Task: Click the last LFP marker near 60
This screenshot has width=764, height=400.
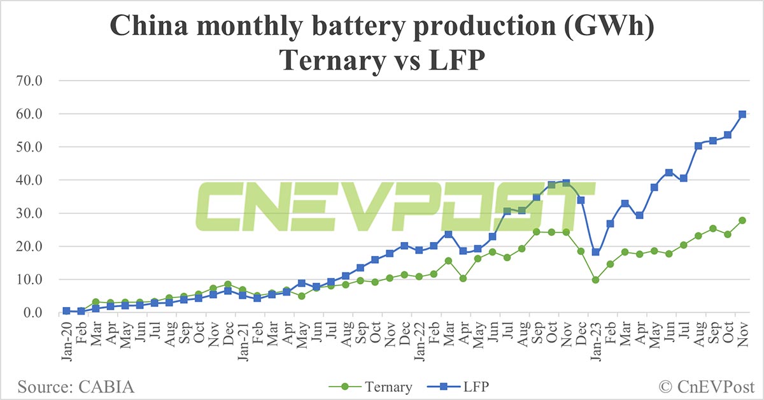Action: pos(742,114)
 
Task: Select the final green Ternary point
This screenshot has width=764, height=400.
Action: pos(742,220)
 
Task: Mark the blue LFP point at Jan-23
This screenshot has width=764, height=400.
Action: pos(595,252)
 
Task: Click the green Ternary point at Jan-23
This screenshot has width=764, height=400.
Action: pos(595,280)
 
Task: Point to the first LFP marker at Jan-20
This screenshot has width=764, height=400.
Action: pos(66,311)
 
